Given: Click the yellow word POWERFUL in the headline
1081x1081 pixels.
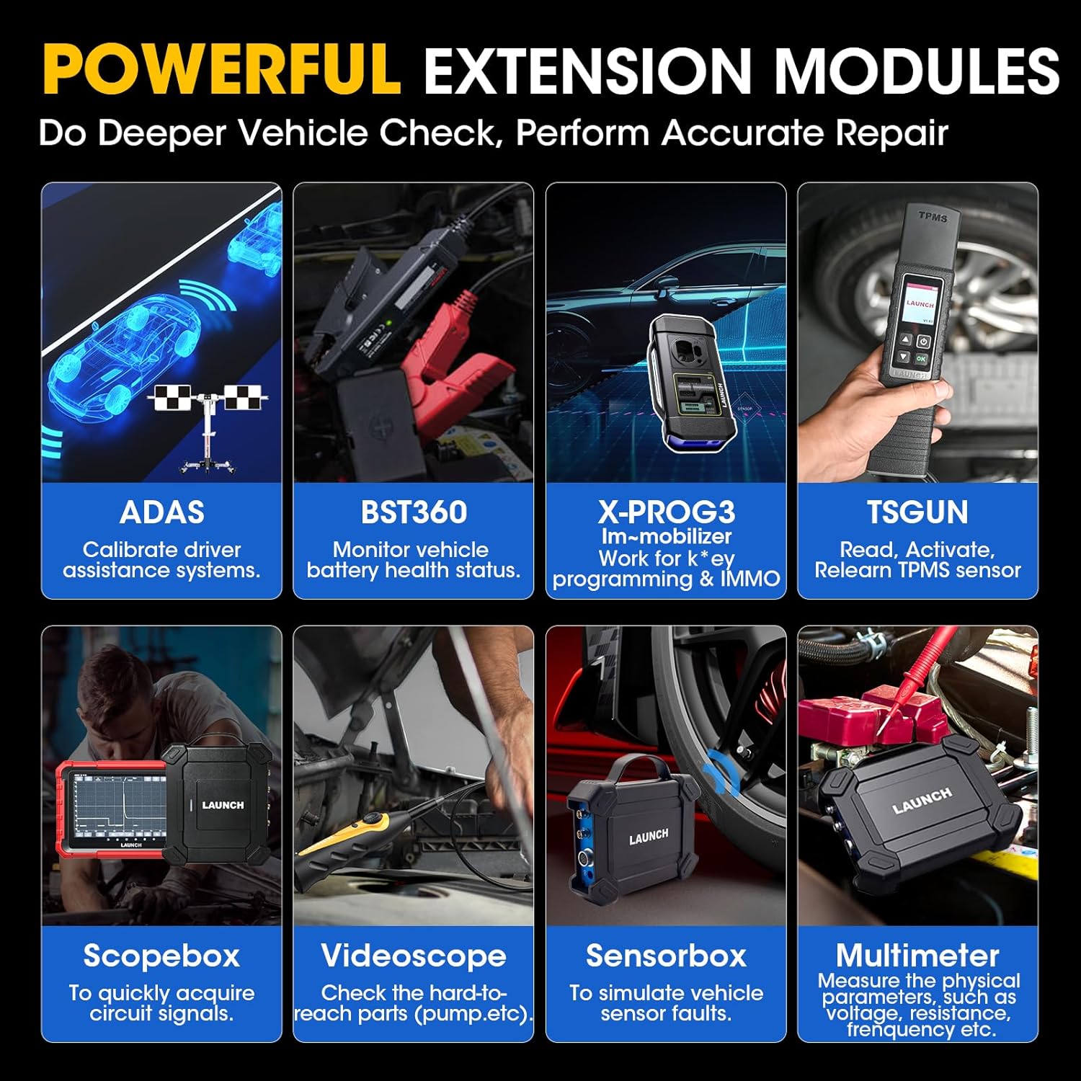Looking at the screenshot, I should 221,69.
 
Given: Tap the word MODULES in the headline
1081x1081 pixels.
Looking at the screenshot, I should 916,71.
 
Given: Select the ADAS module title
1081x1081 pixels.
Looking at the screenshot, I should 161,512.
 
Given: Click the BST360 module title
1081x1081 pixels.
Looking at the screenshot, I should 414,512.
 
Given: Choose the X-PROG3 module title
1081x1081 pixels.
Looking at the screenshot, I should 666,512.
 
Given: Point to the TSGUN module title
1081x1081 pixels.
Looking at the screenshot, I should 917,512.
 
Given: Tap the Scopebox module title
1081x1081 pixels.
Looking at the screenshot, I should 161,956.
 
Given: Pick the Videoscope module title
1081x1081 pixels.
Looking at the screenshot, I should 414,956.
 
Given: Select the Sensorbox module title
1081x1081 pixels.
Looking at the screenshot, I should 666,956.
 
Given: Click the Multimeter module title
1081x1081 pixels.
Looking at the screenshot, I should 917,956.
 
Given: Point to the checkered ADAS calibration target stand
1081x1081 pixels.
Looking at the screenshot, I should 209,418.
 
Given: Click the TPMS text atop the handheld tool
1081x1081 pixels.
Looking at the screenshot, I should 933,216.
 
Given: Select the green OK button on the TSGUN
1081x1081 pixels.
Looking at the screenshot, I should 921,357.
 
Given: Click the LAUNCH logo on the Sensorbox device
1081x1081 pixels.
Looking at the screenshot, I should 649,836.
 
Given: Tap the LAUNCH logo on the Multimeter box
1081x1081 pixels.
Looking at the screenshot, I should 922,801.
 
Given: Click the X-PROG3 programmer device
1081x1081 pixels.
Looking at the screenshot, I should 695,382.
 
